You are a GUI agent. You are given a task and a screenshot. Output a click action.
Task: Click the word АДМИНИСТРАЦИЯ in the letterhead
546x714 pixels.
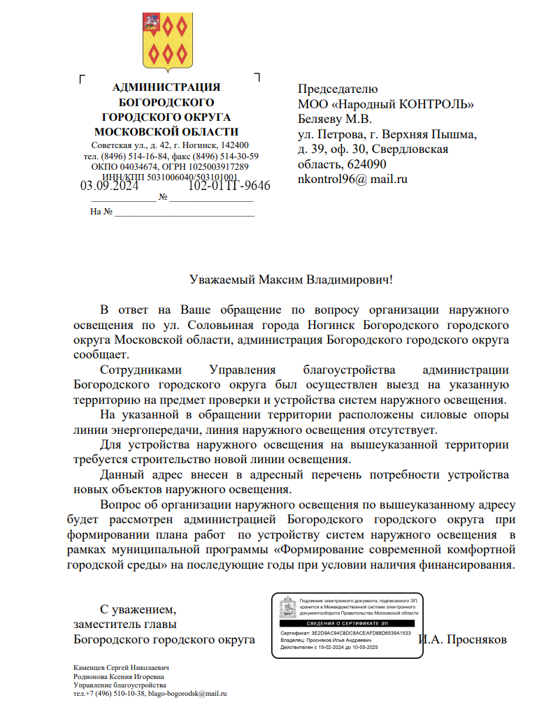[166, 87]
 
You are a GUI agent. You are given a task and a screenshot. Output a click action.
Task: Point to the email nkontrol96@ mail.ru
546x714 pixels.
[352, 180]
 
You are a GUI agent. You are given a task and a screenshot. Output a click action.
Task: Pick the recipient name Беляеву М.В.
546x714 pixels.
[335, 119]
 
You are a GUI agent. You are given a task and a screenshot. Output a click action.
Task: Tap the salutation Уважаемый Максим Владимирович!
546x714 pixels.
[291, 280]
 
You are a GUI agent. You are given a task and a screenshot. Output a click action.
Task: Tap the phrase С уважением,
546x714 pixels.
[138, 609]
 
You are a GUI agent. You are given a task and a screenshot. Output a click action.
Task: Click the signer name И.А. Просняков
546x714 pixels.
[462, 640]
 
